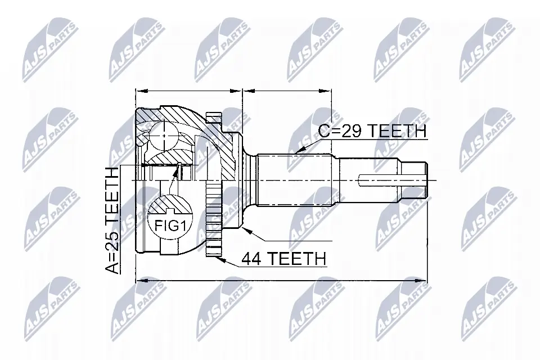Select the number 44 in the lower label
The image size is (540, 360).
251,259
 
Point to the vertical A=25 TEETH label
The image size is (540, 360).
112,220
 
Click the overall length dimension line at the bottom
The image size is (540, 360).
281,280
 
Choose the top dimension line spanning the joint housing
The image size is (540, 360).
188,89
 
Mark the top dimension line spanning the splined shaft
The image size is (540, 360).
287,89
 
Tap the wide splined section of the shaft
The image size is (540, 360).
298,180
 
